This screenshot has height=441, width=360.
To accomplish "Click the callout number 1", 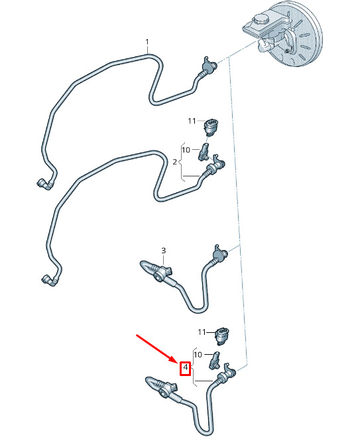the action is [147, 42].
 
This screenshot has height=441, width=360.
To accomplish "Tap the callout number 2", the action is [175, 162].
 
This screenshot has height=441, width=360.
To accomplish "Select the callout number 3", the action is [164, 250].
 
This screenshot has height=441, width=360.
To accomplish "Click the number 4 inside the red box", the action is [185, 367].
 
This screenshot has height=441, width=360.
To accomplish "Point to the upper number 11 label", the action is [192, 121].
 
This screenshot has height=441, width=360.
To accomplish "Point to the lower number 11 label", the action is [202, 332].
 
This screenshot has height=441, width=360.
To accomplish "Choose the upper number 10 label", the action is [186, 150].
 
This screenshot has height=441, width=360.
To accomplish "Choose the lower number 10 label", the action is [198, 355].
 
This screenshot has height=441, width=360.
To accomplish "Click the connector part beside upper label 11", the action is [211, 127].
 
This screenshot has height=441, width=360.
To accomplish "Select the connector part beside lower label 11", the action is [222, 336].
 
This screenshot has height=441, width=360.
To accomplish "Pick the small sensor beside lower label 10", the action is [215, 360].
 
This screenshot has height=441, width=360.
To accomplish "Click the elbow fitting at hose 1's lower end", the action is [44, 184].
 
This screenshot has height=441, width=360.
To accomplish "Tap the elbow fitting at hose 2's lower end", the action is [50, 281].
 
